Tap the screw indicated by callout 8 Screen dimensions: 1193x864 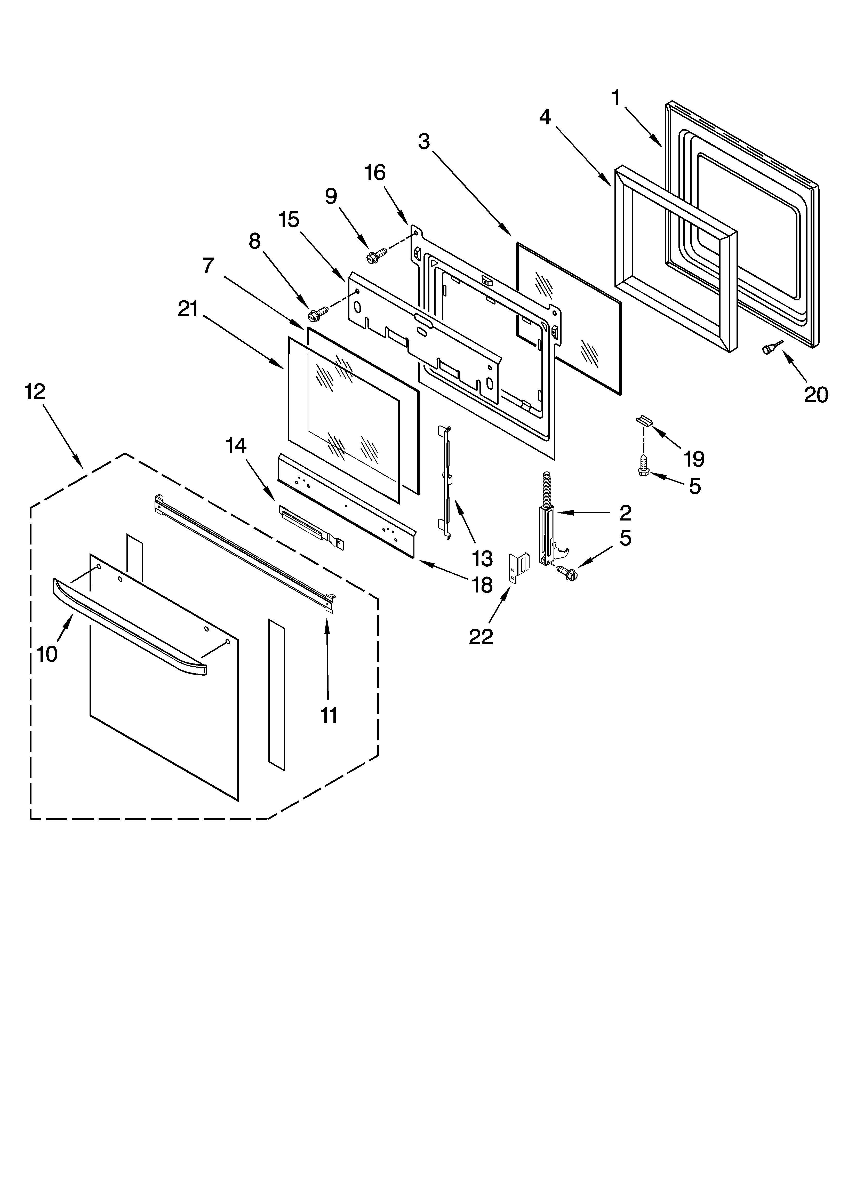[318, 314]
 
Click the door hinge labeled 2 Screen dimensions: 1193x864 [546, 526]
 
